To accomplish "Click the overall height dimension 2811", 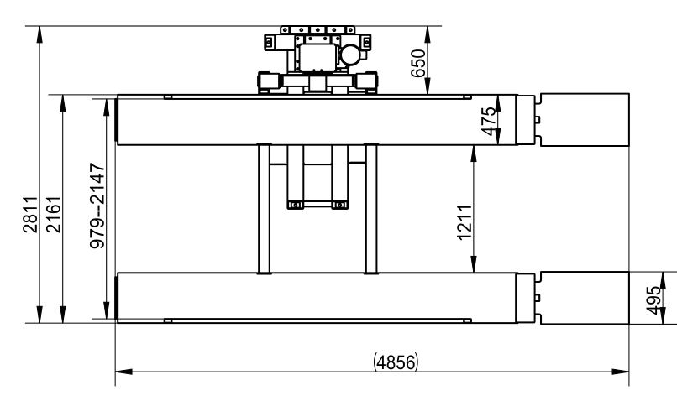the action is (30, 214).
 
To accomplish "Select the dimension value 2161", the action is (54, 214).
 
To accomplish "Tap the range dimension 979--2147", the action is (97, 206).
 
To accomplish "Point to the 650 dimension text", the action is (418, 64).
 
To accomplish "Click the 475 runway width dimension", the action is (488, 121).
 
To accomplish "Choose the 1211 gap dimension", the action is (464, 222).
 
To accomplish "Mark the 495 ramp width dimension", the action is (653, 300).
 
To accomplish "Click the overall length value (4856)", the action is (396, 362).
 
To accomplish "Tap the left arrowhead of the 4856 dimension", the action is (124, 372).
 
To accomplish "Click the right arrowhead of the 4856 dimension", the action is (621, 372).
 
